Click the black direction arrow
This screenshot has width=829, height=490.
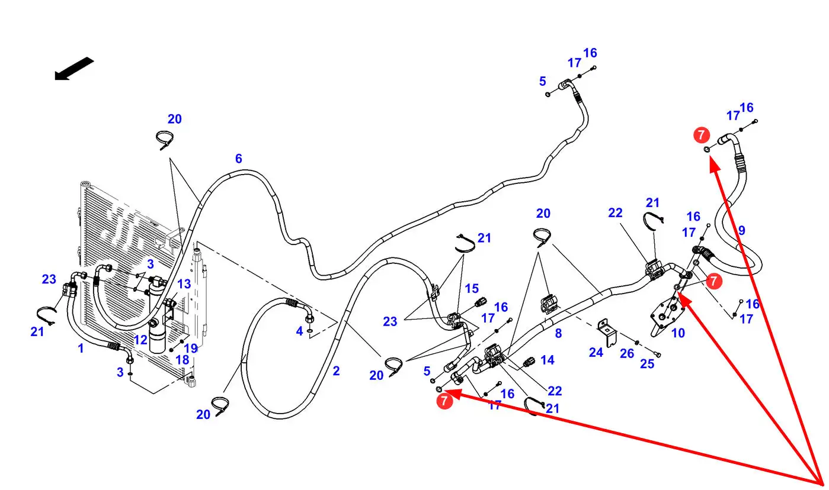pyautogui.click(x=74, y=67)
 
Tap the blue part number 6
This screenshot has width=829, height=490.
pyautogui.click(x=238, y=159)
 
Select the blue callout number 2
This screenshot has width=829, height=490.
pyautogui.click(x=336, y=371)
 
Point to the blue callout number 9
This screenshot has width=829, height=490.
pyautogui.click(x=741, y=230)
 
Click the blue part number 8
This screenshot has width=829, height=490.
pyautogui.click(x=558, y=333)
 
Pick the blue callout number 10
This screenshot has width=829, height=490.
pyautogui.click(x=678, y=333)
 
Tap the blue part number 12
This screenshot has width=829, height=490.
pyautogui.click(x=140, y=340)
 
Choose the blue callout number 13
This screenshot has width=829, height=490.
pyautogui.click(x=184, y=284)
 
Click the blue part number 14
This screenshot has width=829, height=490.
pyautogui.click(x=547, y=359)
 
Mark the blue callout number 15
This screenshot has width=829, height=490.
pyautogui.click(x=472, y=289)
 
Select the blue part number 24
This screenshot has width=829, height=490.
pyautogui.click(x=596, y=352)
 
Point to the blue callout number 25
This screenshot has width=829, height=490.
pyautogui.click(x=647, y=363)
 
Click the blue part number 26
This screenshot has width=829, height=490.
pyautogui.click(x=627, y=354)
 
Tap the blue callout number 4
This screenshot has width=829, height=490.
pyautogui.click(x=299, y=331)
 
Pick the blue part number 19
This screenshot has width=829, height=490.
pyautogui.click(x=190, y=349)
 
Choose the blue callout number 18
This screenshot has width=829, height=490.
pyautogui.click(x=182, y=360)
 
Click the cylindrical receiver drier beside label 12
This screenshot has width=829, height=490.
pyautogui.click(x=159, y=337)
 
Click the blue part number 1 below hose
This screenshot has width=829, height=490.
pyautogui.click(x=81, y=349)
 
